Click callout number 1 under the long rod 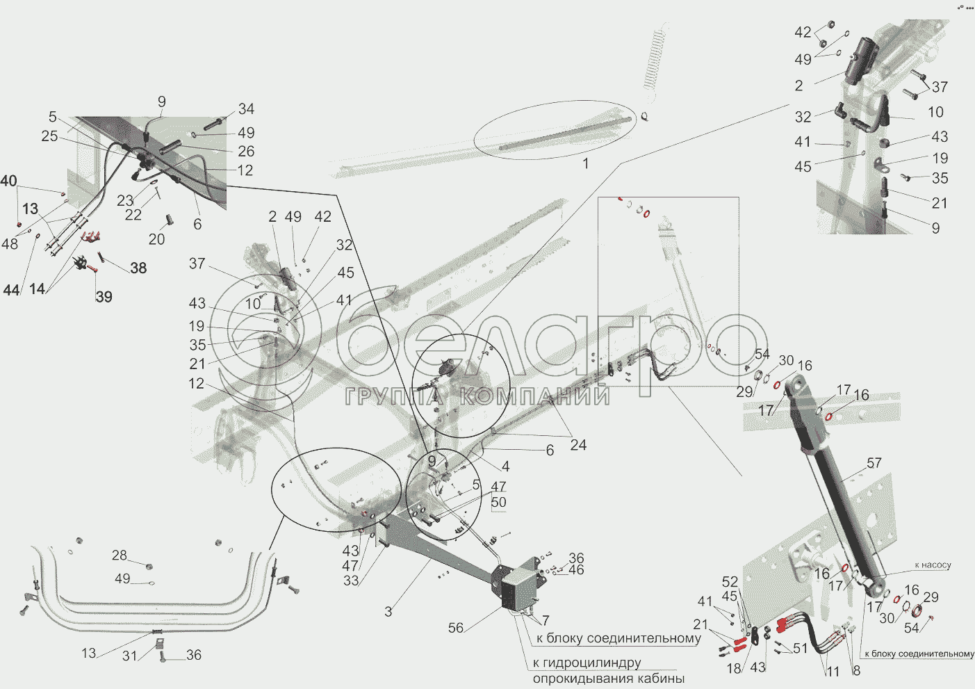click(x=585, y=163)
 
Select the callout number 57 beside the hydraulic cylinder click(x=874, y=463)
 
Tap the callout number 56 click(x=455, y=628)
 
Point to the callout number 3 click(x=388, y=612)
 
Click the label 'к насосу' click(x=933, y=565)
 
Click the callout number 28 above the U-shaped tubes click(x=120, y=555)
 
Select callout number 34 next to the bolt click(x=246, y=109)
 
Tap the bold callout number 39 click(x=104, y=297)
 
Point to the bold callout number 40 click(x=8, y=181)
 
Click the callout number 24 click(x=578, y=445)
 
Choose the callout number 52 click(x=730, y=582)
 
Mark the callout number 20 click(x=156, y=239)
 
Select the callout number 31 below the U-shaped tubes click(x=130, y=656)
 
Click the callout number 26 click(x=246, y=151)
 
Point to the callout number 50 click(x=498, y=502)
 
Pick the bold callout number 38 click(x=138, y=268)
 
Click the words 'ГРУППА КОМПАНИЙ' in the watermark click(x=478, y=397)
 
